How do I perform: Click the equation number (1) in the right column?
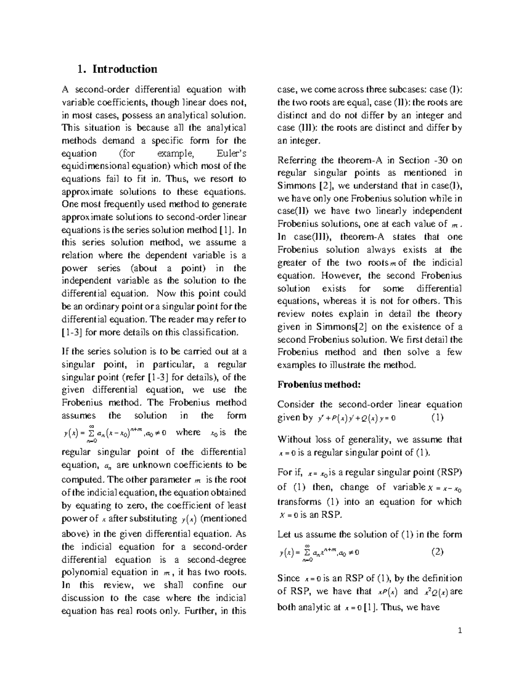pos(437,417)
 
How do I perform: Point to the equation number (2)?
pos(437,551)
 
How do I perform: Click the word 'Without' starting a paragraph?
pos(295,440)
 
